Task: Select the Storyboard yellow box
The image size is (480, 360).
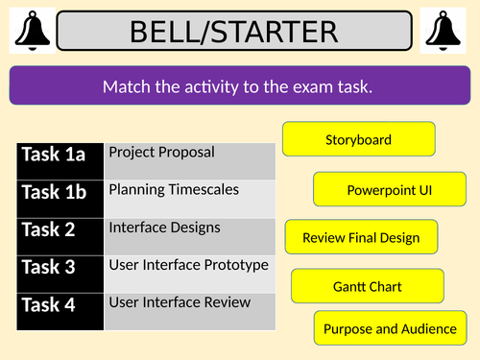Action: (x=358, y=140)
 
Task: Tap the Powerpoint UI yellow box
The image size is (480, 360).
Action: (x=389, y=190)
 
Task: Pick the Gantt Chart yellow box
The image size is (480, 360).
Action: (x=367, y=286)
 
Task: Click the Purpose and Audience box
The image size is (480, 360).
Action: (x=390, y=328)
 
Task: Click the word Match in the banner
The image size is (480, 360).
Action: (x=124, y=87)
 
